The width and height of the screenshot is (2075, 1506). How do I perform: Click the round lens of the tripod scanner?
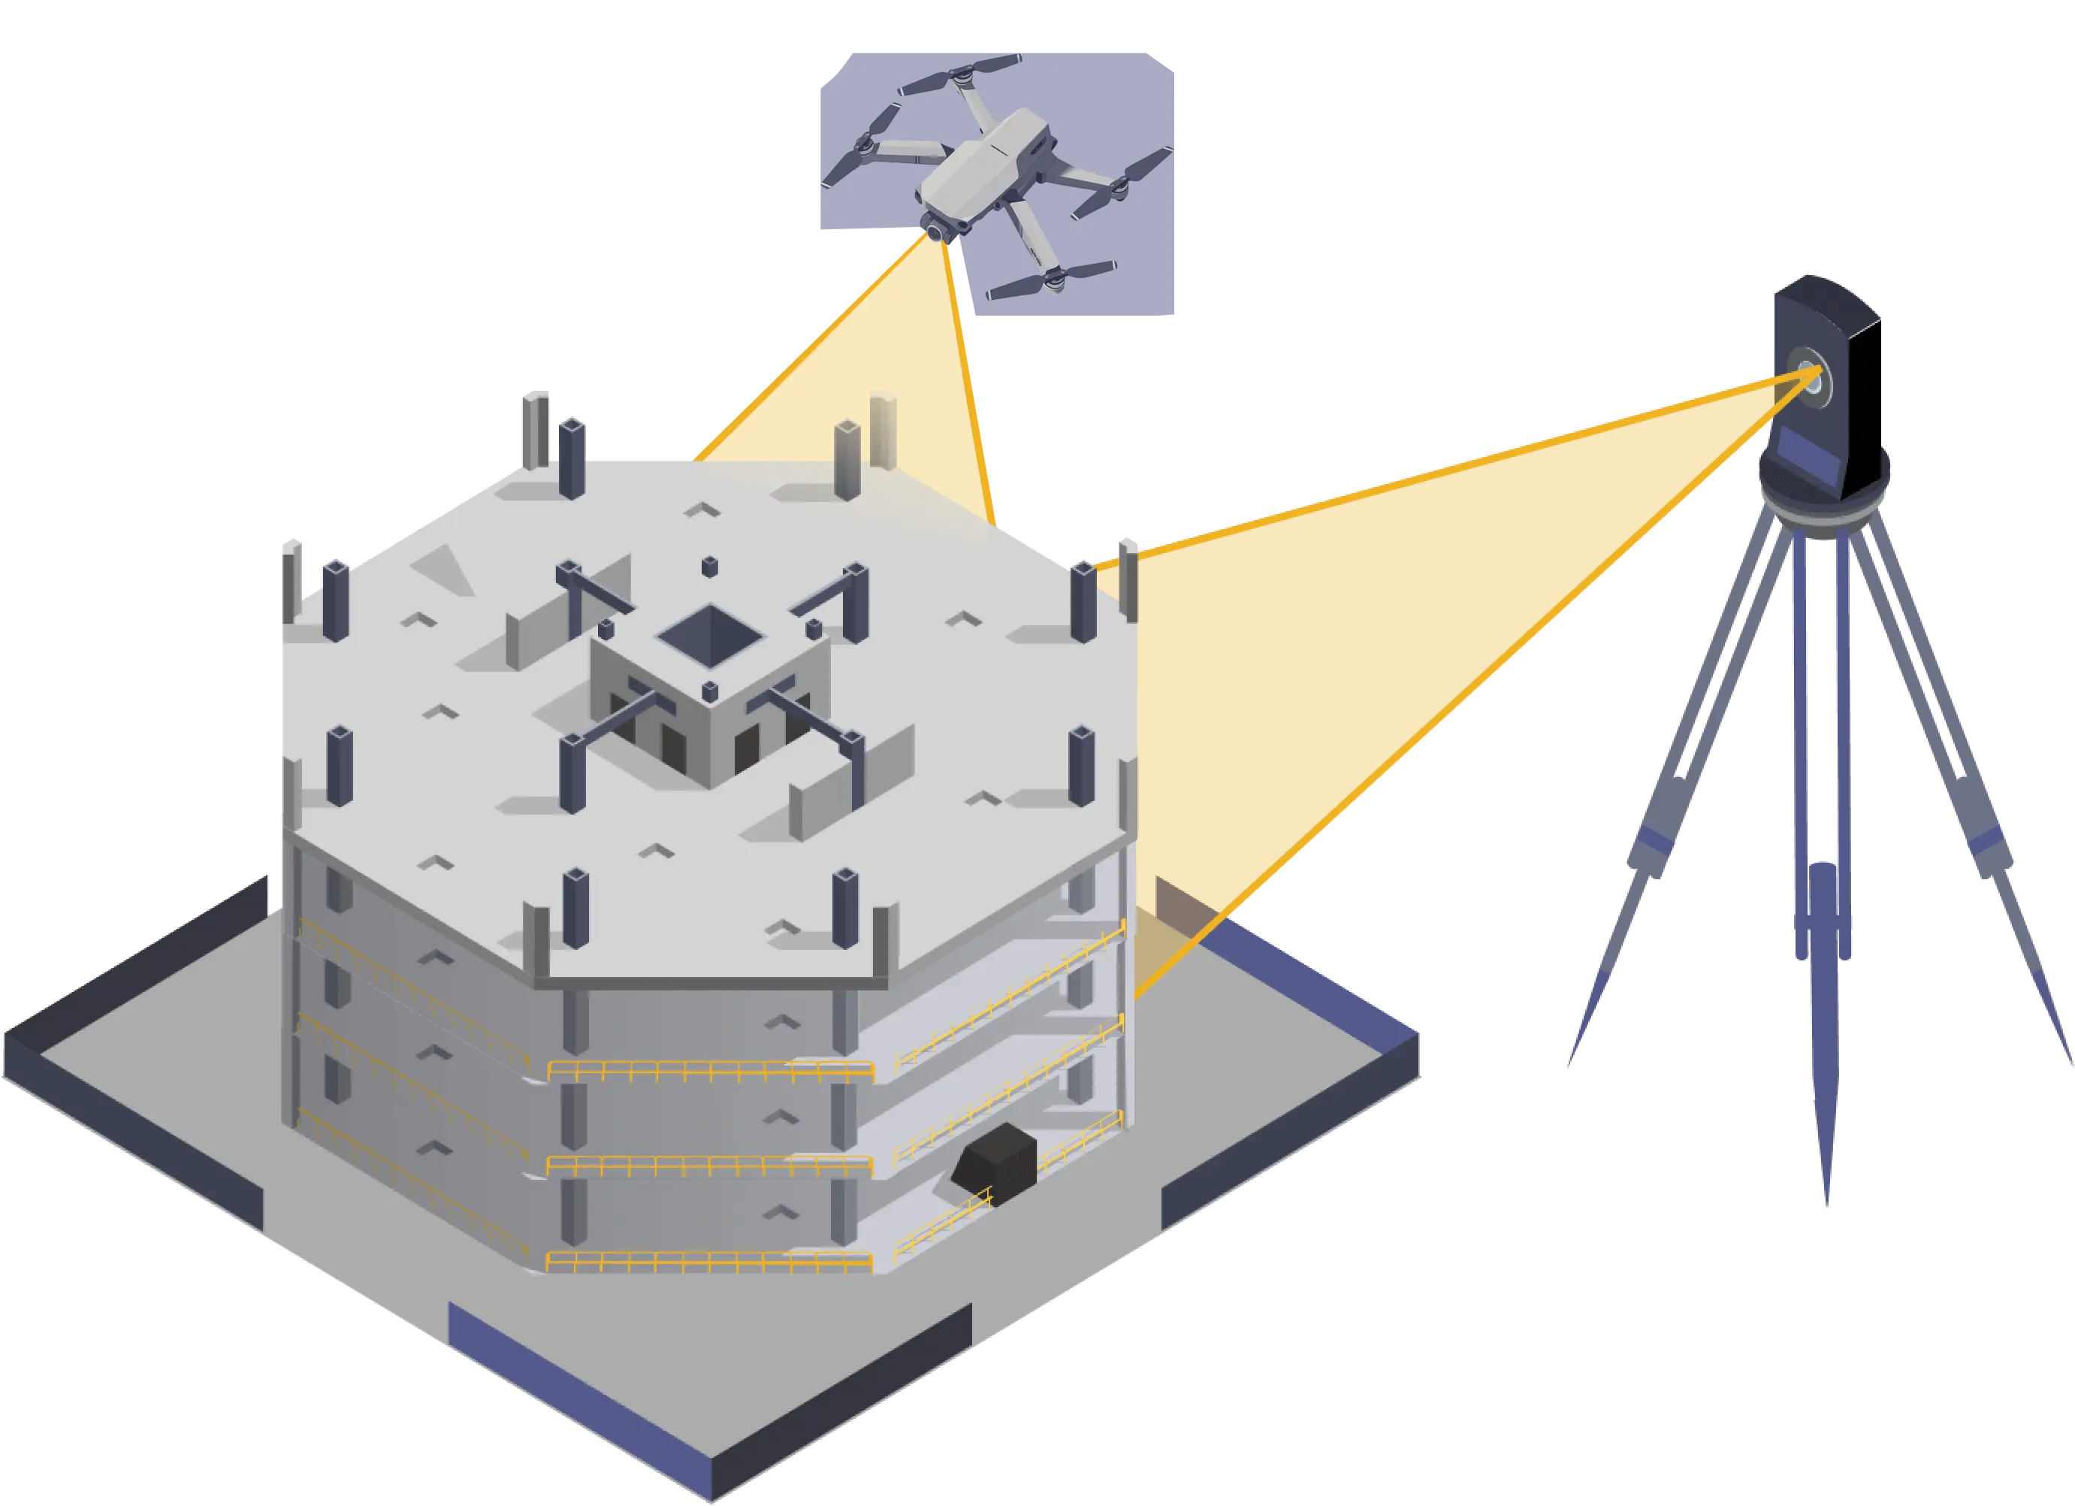(1810, 373)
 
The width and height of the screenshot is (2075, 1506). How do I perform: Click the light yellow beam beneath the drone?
(878, 366)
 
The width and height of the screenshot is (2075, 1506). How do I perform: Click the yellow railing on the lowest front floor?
(709, 1263)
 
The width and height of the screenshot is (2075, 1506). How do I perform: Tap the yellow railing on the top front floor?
(709, 1070)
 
